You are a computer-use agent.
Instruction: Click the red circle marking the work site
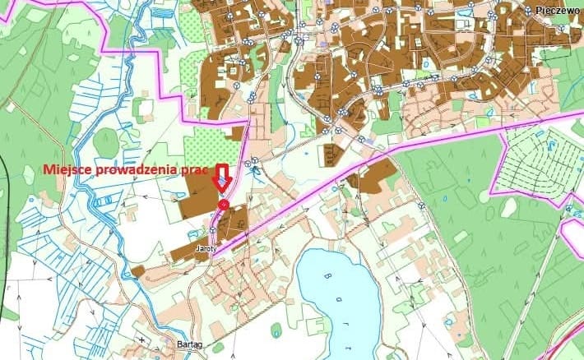tap(223, 203)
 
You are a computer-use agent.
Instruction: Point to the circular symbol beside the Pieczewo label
tap(528, 10)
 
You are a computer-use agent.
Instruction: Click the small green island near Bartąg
tap(276, 330)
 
